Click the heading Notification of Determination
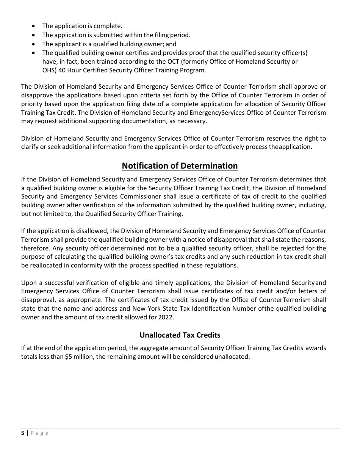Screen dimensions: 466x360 click(180, 166)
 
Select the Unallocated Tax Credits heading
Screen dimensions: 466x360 click(180, 335)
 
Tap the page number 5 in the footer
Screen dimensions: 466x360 click(23, 433)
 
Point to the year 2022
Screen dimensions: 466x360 click(166, 317)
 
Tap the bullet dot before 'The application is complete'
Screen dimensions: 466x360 click(34, 26)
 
